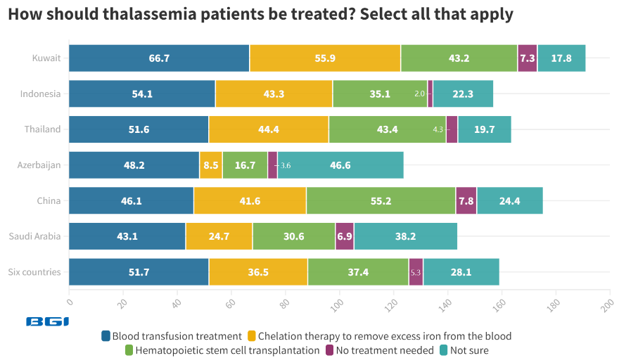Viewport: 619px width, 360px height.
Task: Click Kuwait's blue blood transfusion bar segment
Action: click(x=159, y=58)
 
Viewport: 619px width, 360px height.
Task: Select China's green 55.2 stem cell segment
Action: click(x=381, y=201)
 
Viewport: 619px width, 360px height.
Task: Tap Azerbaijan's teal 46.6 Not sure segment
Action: click(x=340, y=165)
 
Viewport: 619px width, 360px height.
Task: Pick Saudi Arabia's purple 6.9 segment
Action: click(x=345, y=236)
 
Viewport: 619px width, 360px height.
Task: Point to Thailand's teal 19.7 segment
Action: click(x=484, y=129)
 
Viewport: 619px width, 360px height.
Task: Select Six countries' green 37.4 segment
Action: click(x=358, y=272)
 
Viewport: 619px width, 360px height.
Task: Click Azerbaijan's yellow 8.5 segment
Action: click(x=211, y=165)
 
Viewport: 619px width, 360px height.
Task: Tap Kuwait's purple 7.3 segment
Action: click(x=527, y=58)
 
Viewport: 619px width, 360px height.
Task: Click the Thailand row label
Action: click(x=42, y=129)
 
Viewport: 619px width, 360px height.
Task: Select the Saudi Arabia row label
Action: click(x=34, y=236)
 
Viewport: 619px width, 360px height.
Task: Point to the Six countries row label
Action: click(x=34, y=272)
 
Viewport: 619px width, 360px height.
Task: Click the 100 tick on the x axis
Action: click(x=339, y=303)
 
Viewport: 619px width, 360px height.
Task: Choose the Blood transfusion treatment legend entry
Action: click(x=172, y=336)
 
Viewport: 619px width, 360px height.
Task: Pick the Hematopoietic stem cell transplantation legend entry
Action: click(x=222, y=350)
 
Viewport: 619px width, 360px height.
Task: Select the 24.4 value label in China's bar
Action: click(x=509, y=201)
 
